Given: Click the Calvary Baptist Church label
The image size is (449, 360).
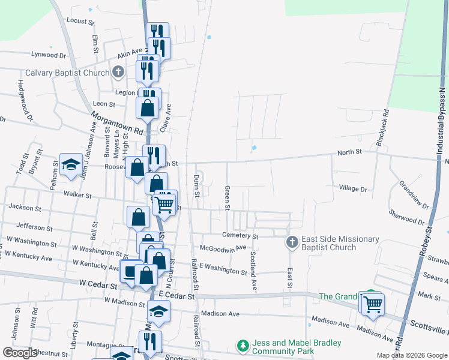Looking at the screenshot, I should [67, 73].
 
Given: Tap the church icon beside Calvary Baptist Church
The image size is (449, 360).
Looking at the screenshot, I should [118, 73].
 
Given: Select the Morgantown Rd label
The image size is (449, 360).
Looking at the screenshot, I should [118, 122].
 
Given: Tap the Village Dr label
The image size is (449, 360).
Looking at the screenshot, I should [353, 188].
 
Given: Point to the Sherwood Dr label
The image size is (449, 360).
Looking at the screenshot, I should [406, 217].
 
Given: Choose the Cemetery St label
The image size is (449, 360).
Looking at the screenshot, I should [239, 235].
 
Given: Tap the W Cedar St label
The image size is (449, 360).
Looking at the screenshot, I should [96, 281].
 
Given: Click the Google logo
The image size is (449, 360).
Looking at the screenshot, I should [20, 352].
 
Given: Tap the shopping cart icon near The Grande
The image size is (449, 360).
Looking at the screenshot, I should [372, 304].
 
